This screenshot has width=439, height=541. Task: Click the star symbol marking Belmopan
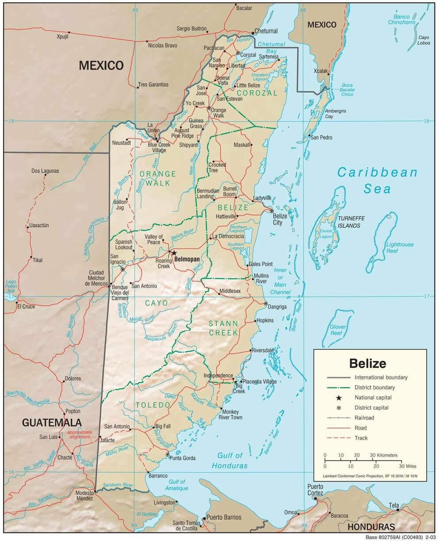174,253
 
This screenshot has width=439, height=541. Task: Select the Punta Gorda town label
183,458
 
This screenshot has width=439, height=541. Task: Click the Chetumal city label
267,31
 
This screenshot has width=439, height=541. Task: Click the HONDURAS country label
370,527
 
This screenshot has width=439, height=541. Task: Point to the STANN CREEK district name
223,328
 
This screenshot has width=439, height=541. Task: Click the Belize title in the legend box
367,363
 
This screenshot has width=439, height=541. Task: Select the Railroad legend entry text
364,418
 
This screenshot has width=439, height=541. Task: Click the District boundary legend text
374,387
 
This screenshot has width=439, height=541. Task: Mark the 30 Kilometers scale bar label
383,455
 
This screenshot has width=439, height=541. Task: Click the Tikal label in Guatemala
38,260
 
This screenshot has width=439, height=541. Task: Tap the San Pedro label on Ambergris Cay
321,138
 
